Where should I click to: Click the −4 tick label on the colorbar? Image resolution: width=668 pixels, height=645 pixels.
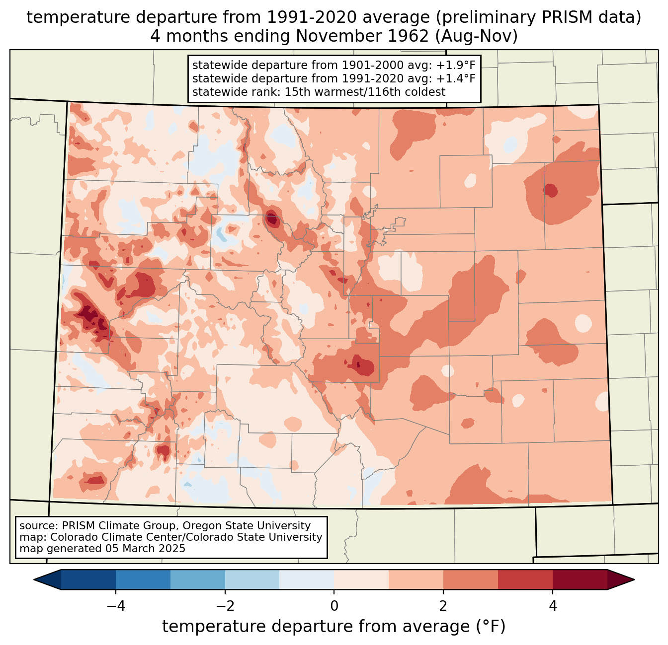pos(116,606)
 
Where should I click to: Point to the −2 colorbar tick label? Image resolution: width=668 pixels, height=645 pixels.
pos(225,606)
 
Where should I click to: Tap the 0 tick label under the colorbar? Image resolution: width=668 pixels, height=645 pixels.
pos(334,606)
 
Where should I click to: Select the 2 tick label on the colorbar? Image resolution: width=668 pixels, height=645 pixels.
pos(443,606)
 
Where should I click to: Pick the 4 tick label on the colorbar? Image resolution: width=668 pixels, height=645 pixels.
pos(553,606)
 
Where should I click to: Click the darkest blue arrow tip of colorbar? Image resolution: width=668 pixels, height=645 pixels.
pos(34,580)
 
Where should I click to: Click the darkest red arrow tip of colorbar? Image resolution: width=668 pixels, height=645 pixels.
pos(634,580)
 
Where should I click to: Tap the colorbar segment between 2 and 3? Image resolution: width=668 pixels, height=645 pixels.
pos(471,580)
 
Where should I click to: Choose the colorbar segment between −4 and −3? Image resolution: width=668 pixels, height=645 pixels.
pos(143,580)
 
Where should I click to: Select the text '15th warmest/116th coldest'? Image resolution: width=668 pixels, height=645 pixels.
pos(365,92)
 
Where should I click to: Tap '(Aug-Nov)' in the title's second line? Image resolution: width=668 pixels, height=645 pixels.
pos(476,36)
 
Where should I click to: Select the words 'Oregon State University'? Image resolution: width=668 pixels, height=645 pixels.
pos(247,526)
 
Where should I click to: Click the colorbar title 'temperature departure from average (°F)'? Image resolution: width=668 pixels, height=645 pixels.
pos(334,626)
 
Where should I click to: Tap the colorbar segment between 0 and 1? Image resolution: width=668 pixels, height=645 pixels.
pos(361,580)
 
